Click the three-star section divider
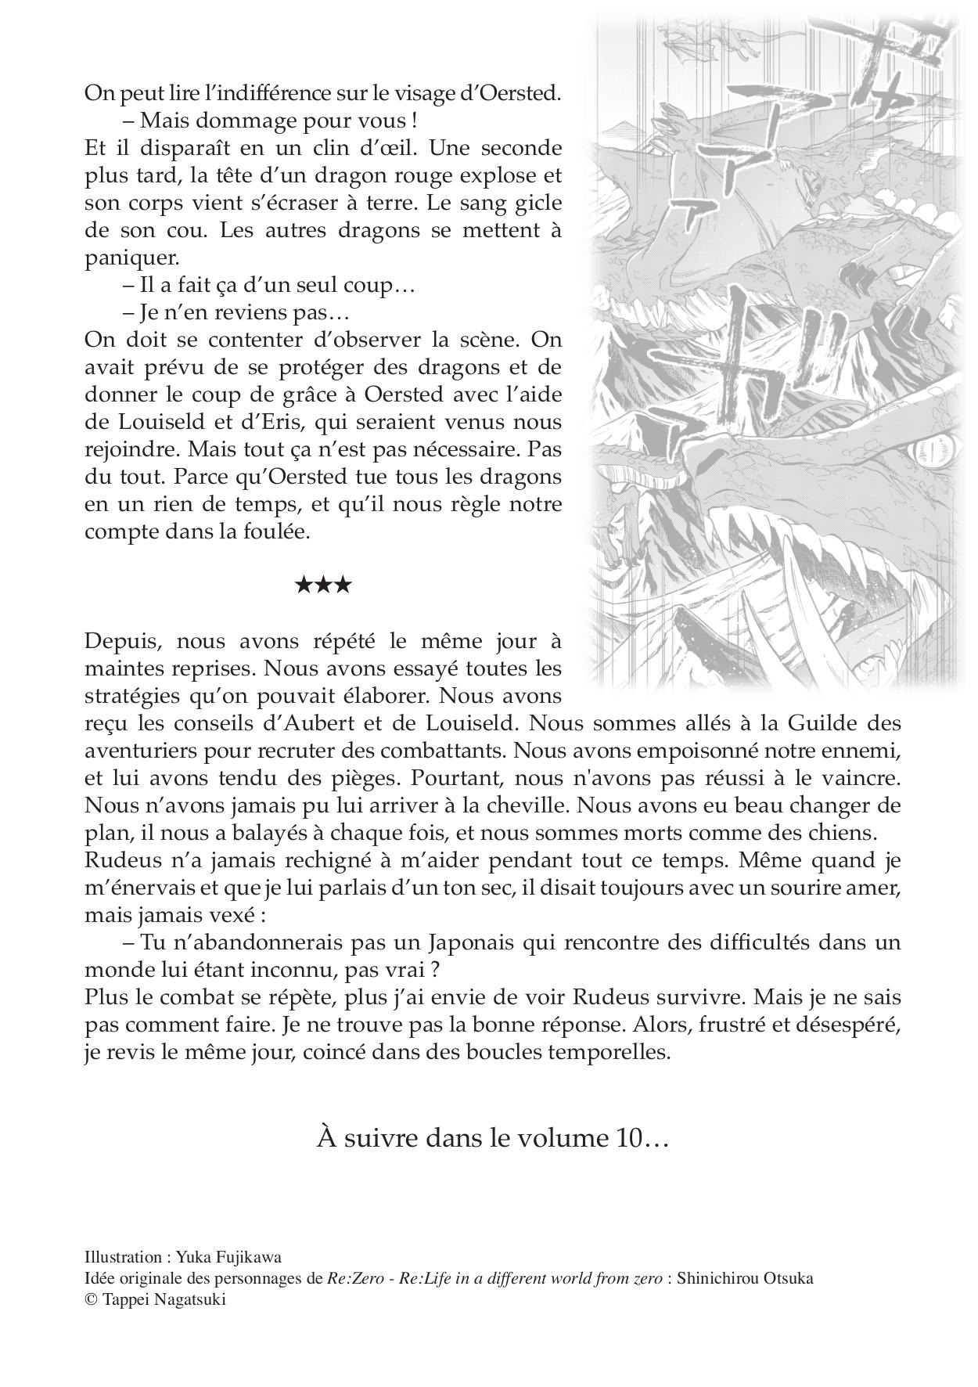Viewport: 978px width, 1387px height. coord(323,585)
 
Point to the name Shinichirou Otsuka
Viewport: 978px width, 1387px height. coord(745,1279)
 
